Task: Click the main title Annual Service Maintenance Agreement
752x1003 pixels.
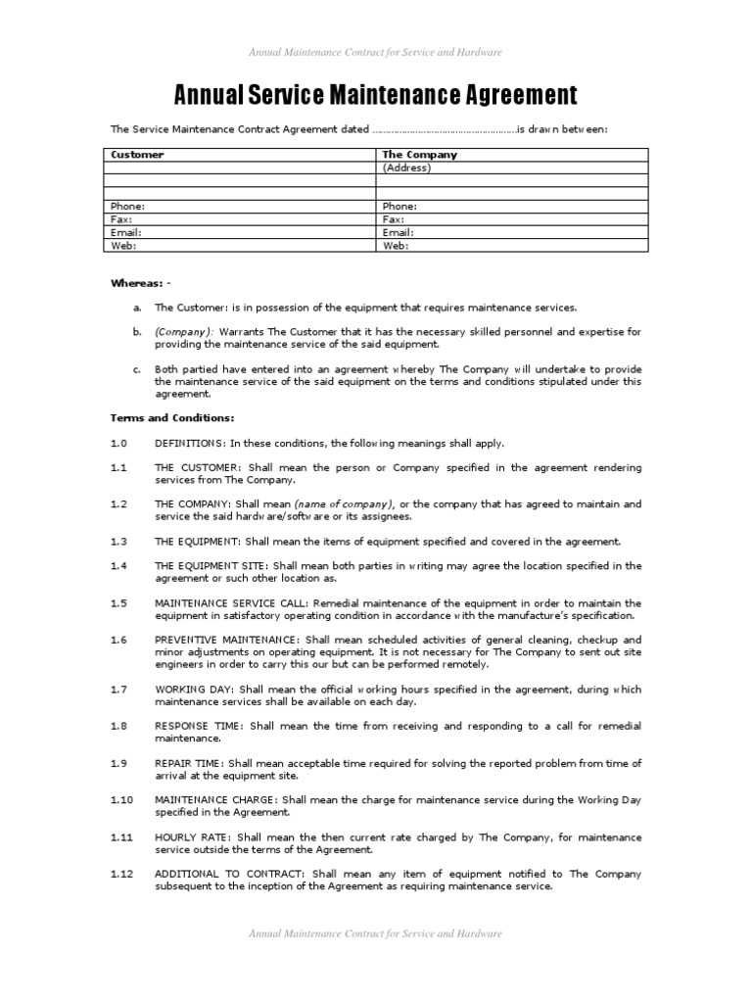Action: point(375,95)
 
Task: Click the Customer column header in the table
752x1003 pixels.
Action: point(137,155)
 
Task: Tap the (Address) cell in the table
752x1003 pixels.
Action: point(406,167)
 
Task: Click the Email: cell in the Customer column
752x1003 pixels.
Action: point(126,233)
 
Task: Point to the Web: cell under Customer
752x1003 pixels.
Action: point(124,246)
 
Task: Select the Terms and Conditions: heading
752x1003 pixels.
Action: point(171,418)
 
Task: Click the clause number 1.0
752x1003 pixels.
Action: point(118,443)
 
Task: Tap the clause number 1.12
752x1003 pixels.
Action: point(121,874)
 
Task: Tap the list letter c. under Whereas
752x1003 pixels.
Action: point(137,369)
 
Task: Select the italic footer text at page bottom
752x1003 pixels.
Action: point(375,933)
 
